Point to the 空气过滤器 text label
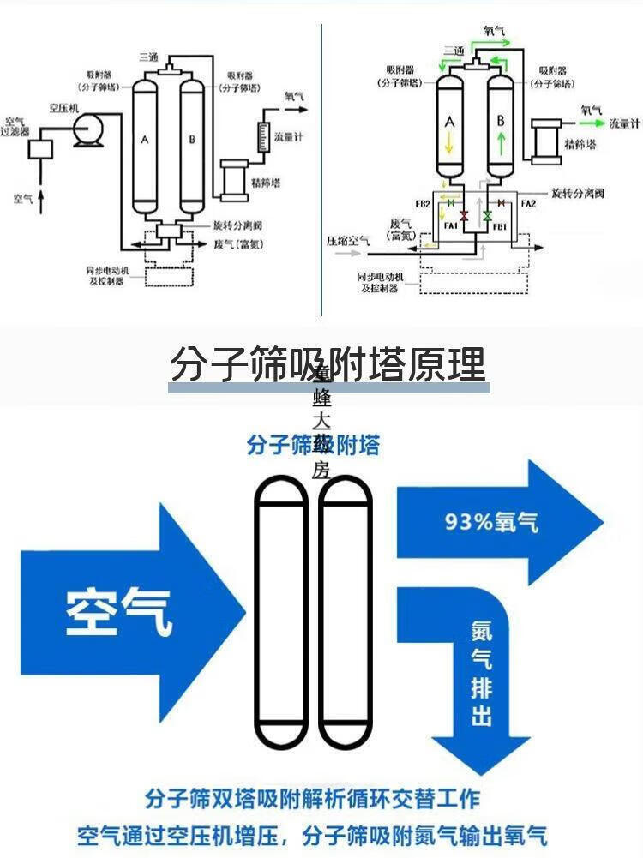coord(15,126)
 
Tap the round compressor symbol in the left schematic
coord(86,131)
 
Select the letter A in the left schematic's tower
coord(145,139)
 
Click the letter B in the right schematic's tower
coord(501,122)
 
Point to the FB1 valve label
coord(500,226)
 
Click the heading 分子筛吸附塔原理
coord(328,364)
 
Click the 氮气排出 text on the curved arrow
coord(482,673)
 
